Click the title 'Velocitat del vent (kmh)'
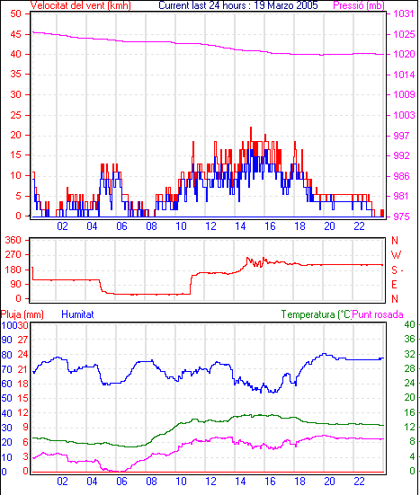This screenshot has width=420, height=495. point(81,5)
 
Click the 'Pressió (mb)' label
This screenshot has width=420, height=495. point(359,5)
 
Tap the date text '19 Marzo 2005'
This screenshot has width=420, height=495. point(286,5)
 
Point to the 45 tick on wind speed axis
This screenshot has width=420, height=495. point(16,34)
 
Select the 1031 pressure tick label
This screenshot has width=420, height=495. point(404,13)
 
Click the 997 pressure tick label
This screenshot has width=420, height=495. point(401,136)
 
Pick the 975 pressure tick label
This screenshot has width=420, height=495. point(401,217)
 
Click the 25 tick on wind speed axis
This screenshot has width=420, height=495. point(16,115)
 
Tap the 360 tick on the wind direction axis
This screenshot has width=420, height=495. point(13,240)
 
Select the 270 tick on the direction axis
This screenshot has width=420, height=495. point(13,255)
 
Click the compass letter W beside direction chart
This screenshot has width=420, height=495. point(396,255)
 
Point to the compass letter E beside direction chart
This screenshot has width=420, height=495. point(394,285)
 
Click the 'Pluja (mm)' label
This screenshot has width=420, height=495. point(22,314)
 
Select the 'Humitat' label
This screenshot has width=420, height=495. point(77,314)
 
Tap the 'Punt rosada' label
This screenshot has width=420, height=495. point(378,314)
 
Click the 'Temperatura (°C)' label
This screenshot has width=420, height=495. point(317,314)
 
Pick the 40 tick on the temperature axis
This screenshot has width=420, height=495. point(410,324)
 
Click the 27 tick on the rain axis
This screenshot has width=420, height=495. point(22,340)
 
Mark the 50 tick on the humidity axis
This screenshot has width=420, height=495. point(6,398)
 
